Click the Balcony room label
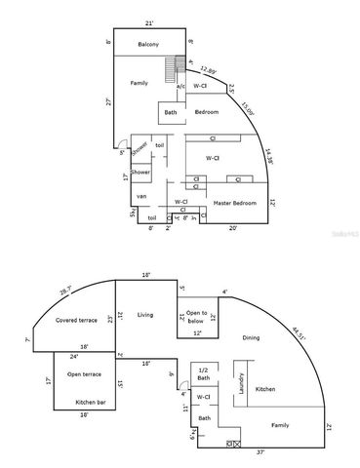[148, 44]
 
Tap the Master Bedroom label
[235, 202]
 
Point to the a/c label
[180, 87]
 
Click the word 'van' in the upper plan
[141, 197]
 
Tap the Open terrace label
[86, 374]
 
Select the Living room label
[146, 314]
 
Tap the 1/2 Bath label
[204, 375]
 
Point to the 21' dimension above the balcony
[148, 21]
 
